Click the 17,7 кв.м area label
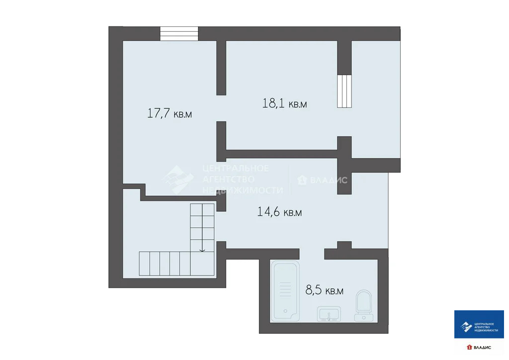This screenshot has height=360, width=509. [x=170, y=113]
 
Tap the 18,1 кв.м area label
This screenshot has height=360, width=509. [x=284, y=103]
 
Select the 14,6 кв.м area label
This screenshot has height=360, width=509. [x=279, y=212]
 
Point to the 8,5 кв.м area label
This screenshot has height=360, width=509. [x=323, y=291]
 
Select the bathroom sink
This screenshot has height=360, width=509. [x=329, y=314]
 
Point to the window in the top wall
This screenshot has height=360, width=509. [x=179, y=34]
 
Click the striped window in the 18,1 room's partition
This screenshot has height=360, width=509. [x=344, y=91]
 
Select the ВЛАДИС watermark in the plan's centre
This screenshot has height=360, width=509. [x=322, y=180]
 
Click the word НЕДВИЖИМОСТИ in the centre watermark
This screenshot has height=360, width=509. [x=242, y=190]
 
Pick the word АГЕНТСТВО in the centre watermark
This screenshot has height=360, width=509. [x=228, y=179]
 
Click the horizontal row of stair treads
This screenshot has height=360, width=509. [x=164, y=264]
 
